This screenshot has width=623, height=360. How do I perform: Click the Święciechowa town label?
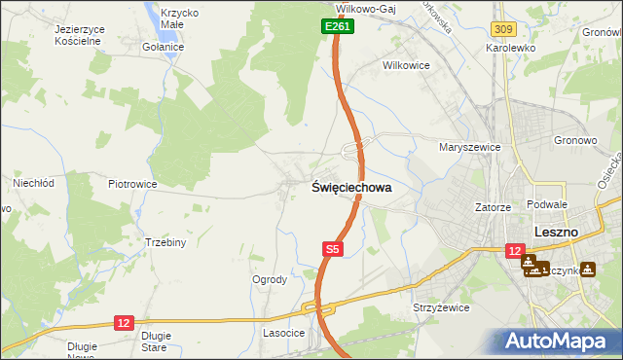pos(351,190)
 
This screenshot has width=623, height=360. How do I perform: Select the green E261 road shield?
pos(338,27)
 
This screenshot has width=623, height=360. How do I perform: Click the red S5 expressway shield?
pos(333,250)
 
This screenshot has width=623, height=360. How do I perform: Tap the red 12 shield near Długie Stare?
pos(123,322)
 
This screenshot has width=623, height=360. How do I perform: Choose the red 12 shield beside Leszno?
pos(515,251)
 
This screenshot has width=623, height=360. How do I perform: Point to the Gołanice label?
pos(163,47)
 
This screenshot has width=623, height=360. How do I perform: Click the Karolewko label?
pos(512,47)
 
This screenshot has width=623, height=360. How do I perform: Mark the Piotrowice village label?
pos(133,183)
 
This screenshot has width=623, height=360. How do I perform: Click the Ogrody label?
pos(270,279)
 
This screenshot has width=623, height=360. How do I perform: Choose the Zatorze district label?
pos(494,207)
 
